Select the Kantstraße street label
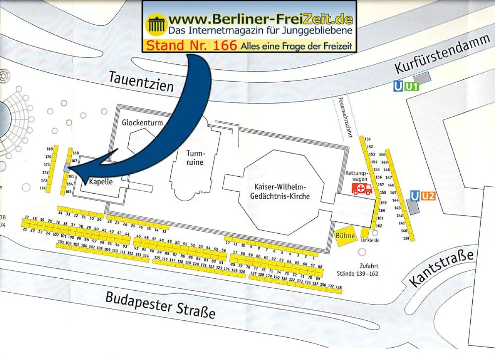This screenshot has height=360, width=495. click(x=441, y=269)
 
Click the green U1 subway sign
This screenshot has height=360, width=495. click(x=411, y=87)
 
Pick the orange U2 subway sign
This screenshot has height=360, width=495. click(x=428, y=196)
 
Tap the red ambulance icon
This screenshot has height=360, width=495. click(x=362, y=189)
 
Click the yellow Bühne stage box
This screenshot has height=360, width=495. click(x=345, y=236)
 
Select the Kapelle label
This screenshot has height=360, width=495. click(x=101, y=181)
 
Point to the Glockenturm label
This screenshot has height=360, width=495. click(x=142, y=123)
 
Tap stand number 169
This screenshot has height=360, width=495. click(x=50, y=149)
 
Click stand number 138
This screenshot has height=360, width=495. click(x=339, y=287)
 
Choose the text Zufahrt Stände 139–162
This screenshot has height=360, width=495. click(x=363, y=270)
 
